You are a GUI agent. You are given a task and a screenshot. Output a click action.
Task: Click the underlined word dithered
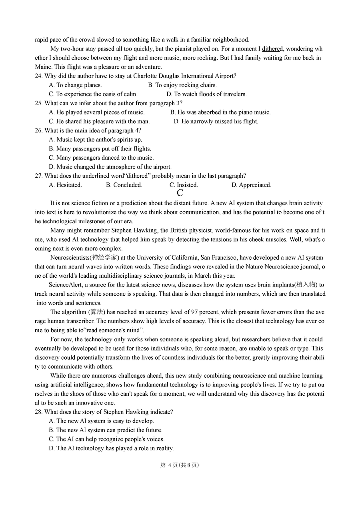(x=272, y=49)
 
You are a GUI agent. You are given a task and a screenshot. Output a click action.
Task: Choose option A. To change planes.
(x=75, y=85)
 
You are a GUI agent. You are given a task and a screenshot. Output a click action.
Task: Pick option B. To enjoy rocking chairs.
(x=182, y=85)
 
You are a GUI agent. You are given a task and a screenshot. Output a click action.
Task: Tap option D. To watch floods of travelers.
(x=206, y=94)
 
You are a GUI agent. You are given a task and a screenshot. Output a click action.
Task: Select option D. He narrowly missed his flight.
(x=216, y=121)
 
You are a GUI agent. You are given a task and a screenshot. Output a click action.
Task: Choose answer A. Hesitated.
(x=65, y=185)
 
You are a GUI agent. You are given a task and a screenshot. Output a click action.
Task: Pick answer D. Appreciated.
(x=251, y=185)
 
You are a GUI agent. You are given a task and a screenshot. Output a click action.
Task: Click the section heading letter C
(x=180, y=193)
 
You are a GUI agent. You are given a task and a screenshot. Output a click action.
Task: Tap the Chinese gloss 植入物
(x=306, y=285)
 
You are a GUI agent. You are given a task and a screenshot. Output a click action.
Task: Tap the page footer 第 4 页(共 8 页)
(x=180, y=465)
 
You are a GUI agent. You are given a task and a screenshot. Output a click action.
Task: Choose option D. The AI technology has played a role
(x=111, y=448)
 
